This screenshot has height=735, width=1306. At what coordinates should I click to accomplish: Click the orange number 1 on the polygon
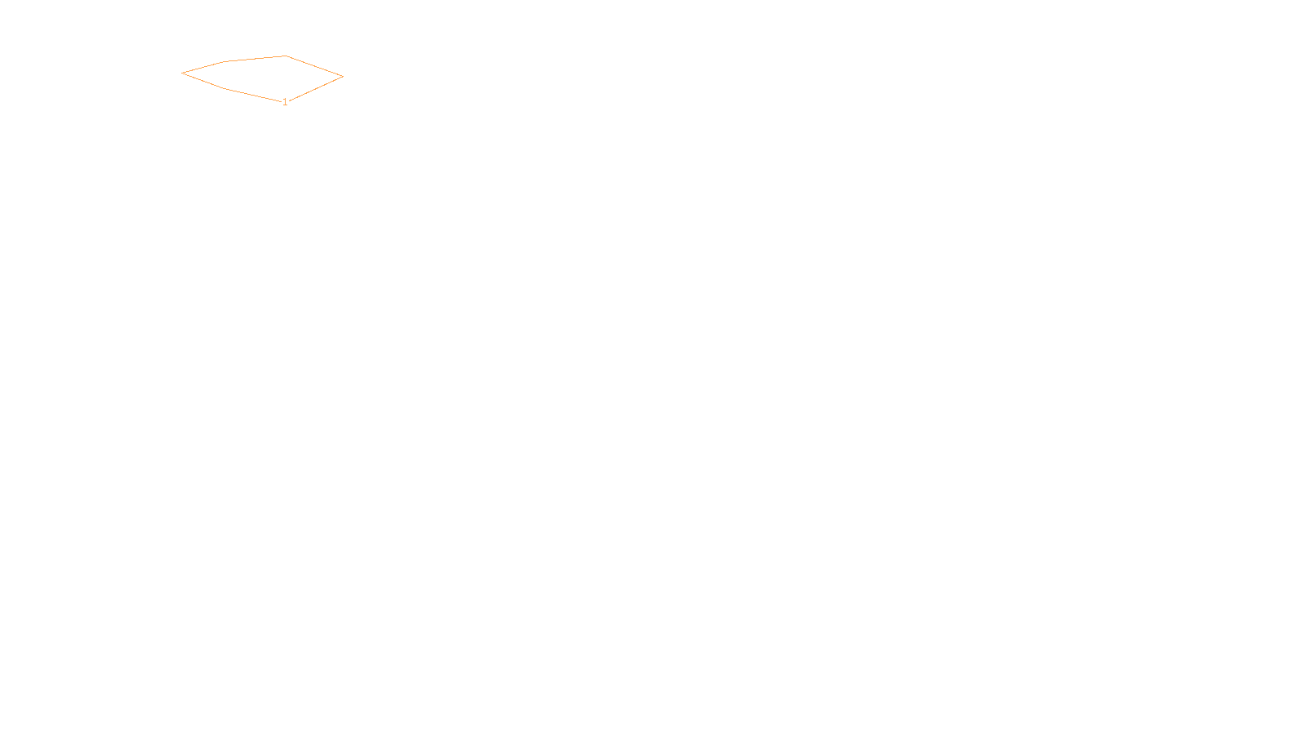point(285,102)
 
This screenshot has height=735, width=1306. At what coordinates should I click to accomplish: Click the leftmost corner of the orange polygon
point(182,73)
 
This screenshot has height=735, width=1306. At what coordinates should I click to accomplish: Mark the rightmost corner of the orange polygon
point(343,77)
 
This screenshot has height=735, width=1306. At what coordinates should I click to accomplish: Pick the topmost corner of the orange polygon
point(286,56)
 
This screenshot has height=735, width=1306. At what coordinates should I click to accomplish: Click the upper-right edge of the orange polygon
point(314,66)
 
